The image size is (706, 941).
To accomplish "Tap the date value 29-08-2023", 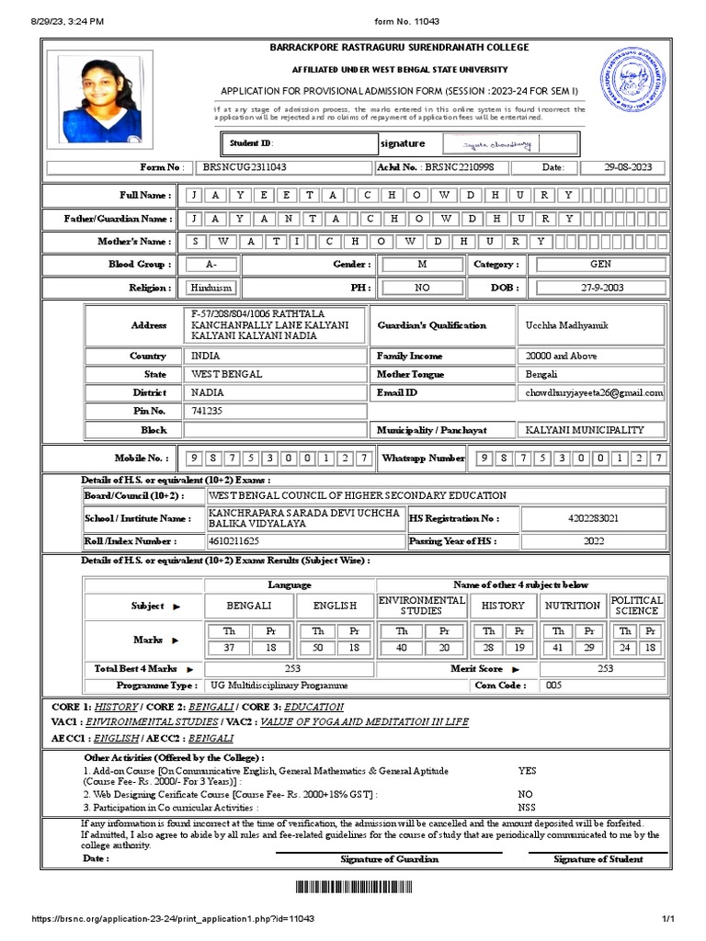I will (628, 167).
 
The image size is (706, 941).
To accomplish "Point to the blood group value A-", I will (211, 264).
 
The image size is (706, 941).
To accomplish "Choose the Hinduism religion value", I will (211, 288).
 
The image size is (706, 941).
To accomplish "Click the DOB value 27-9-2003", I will (601, 288).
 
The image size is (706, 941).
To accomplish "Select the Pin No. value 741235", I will (207, 411).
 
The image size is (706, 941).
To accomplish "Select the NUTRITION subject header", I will (572, 606).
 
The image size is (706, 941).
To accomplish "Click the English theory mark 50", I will (318, 649).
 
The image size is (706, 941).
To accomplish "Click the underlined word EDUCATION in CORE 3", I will (313, 707).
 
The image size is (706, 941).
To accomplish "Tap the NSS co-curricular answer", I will (527, 807).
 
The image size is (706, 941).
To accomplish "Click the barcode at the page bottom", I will (353, 886).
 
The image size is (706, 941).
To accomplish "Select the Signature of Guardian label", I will (389, 859).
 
